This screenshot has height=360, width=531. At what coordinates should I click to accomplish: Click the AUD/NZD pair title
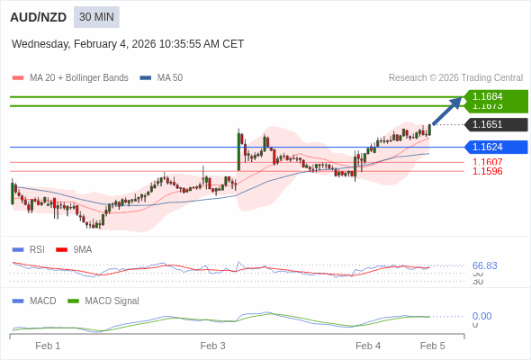coord(39,17)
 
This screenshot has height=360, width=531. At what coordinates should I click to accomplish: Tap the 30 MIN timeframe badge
coord(96,17)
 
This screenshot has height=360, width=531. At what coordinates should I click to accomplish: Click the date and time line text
coord(128,44)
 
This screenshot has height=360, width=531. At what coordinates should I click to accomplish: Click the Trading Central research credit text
coord(455,77)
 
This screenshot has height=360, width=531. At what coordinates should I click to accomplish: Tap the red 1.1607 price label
coord(487,162)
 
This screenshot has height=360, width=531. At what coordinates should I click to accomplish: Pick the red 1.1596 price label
coord(487,171)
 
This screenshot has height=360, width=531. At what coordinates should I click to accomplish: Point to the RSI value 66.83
coord(484,265)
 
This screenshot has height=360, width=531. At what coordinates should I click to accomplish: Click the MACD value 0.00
coord(481,316)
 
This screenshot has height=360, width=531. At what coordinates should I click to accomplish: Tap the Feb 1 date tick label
coord(48,346)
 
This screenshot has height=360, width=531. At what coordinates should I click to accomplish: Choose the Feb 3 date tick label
coord(212,346)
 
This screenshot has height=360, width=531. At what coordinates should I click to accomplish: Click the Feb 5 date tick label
coord(433,346)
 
